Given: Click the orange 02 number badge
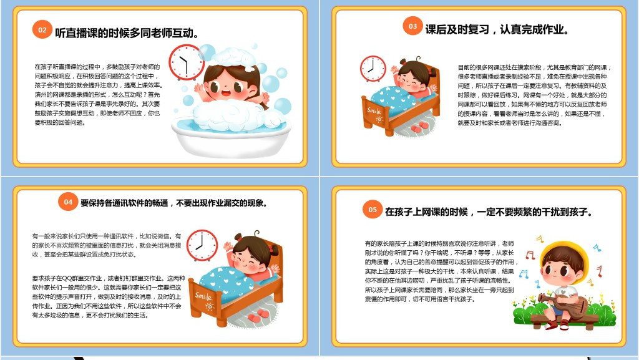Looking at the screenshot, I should click(42, 29).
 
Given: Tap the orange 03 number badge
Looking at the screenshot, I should click(412, 26).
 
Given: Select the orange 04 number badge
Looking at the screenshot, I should click(67, 201).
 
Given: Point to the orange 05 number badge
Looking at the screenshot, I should click(373, 210).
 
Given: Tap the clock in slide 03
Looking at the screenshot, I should click(373, 69).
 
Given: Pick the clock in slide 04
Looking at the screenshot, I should click(202, 245).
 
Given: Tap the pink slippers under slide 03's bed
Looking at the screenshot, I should click(420, 126).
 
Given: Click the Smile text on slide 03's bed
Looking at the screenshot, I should click(374, 111).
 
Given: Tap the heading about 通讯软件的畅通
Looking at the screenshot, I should click(173, 203).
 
